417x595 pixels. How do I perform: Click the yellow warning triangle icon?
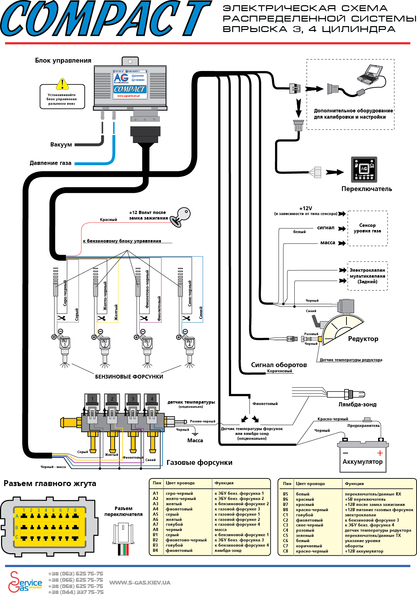tap(62, 84)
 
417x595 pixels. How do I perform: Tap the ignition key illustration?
tap(182, 216)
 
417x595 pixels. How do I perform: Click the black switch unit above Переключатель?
tap(364, 169)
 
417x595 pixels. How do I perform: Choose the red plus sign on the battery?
tap(380, 453)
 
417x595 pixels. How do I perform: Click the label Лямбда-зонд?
tap(357, 404)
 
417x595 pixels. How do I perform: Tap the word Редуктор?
tap(363, 339)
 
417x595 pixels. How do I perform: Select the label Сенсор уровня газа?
tap(367, 228)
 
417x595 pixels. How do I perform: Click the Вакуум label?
tap(61, 144)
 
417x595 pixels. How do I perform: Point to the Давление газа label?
tap(50, 163)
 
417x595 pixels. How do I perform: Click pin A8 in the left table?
tap(155, 530)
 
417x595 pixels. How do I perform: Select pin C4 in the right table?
tap(285, 530)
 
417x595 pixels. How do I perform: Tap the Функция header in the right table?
tap(354, 484)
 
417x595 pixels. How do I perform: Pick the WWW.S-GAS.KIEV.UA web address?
tap(140, 582)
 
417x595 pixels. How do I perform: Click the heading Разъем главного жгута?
tap(50, 483)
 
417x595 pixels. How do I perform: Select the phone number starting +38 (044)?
tap(75, 592)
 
